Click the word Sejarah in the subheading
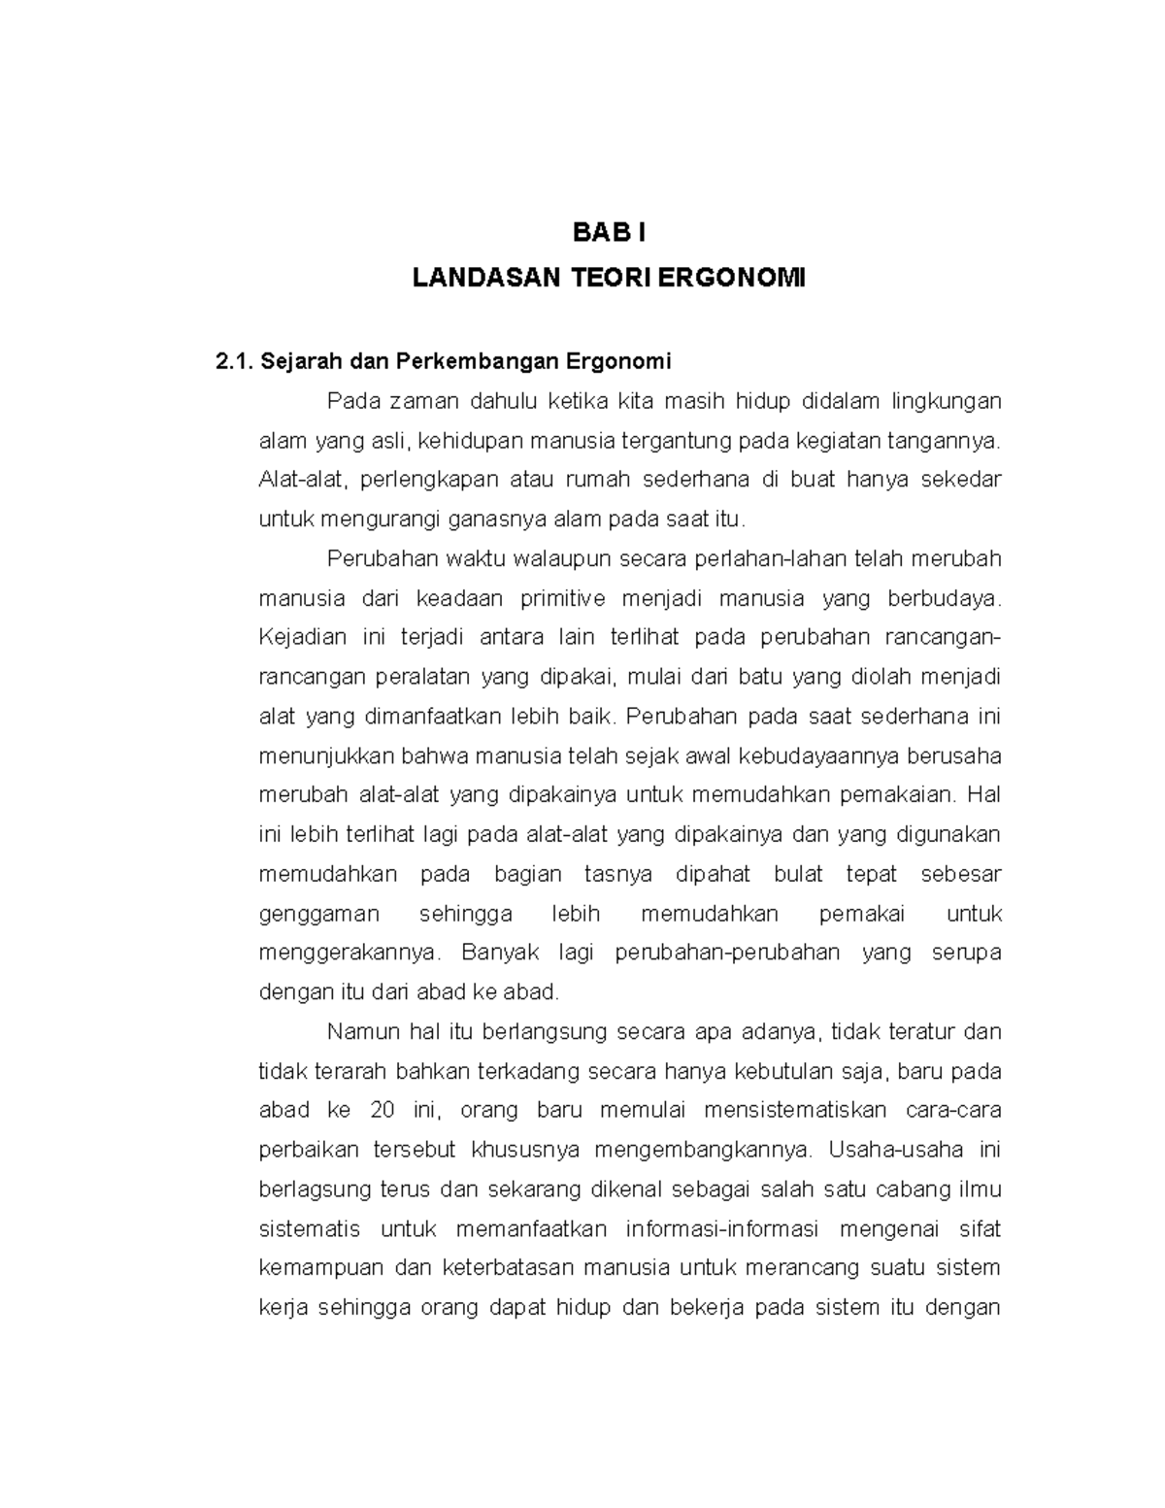(x=297, y=362)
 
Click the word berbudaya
(x=942, y=598)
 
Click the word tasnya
(x=618, y=874)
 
